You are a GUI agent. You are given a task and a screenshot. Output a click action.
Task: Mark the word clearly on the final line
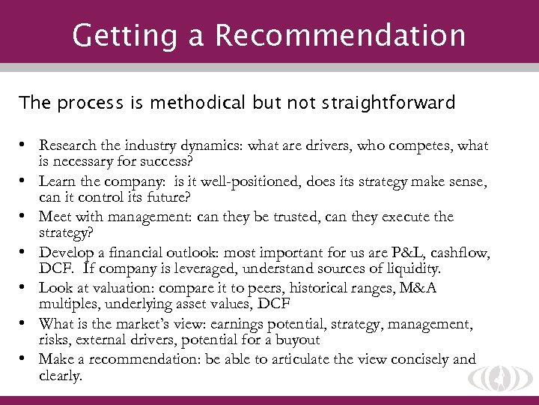[x=60, y=374]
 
